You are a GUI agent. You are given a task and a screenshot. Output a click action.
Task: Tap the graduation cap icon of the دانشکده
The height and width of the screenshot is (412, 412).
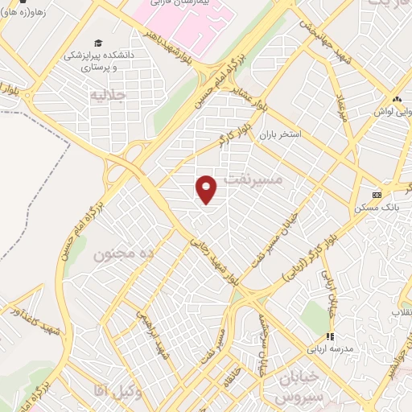click(x=98, y=43)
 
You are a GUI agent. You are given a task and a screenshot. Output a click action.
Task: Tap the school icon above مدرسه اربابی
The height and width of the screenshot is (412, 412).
click(x=328, y=336)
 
